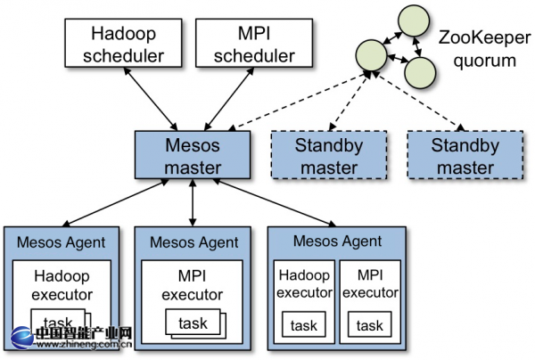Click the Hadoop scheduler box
[x=123, y=43]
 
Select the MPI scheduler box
[x=254, y=43]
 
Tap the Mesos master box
[x=193, y=155]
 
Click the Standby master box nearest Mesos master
[x=329, y=155]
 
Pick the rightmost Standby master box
[x=465, y=155]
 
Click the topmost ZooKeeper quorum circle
[x=413, y=20]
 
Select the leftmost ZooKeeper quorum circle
[x=371, y=55]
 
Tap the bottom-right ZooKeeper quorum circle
[x=420, y=72]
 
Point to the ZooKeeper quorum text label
[x=484, y=49]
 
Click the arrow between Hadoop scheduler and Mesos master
[x=151, y=99]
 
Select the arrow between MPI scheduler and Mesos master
[x=229, y=99]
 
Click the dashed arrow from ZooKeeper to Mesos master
[x=300, y=102]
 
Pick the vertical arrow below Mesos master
[x=193, y=202]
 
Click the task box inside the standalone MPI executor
[x=193, y=323]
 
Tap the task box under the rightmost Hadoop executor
[x=304, y=324]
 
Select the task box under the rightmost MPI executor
[x=370, y=324]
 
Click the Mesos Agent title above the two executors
[x=337, y=241]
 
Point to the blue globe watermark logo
[x=22, y=338]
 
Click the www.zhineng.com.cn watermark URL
[x=84, y=344]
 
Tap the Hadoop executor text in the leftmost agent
[x=62, y=285]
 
